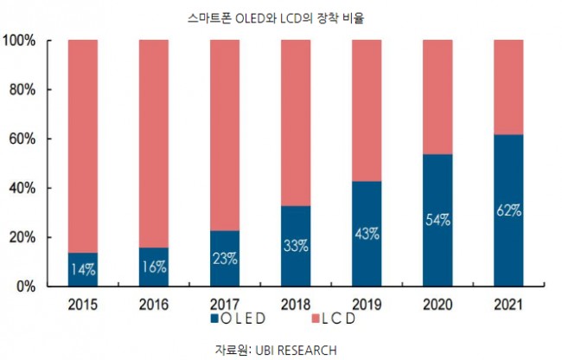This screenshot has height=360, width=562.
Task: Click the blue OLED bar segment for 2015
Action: click(x=83, y=269)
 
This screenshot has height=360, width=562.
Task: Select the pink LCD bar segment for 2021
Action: click(x=508, y=87)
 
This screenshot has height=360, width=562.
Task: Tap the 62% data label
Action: click(x=509, y=210)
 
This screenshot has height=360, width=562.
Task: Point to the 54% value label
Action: click(x=438, y=220)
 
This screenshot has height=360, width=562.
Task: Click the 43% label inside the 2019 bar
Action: click(x=367, y=234)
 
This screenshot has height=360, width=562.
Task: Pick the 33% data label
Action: click(x=296, y=246)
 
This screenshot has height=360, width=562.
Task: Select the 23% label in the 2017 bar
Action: click(x=225, y=259)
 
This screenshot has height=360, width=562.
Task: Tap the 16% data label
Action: click(x=154, y=267)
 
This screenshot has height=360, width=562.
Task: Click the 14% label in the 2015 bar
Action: click(x=83, y=269)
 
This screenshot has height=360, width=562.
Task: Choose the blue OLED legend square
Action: click(x=214, y=318)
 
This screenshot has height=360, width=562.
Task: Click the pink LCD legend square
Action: click(x=316, y=318)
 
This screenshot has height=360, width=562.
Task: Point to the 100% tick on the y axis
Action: click(x=19, y=41)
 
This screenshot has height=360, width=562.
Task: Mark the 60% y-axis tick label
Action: click(x=22, y=138)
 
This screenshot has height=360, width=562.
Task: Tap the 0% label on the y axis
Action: click(x=26, y=286)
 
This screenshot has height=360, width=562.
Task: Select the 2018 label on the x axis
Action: click(x=296, y=305)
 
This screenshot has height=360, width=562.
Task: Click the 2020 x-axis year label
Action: click(x=437, y=305)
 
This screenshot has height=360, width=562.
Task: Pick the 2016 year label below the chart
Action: click(x=154, y=305)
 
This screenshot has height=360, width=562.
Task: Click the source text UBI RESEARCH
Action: click(x=296, y=350)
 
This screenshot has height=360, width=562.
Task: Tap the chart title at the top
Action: click(x=276, y=18)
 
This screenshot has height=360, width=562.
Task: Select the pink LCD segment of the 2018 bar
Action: click(x=296, y=123)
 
